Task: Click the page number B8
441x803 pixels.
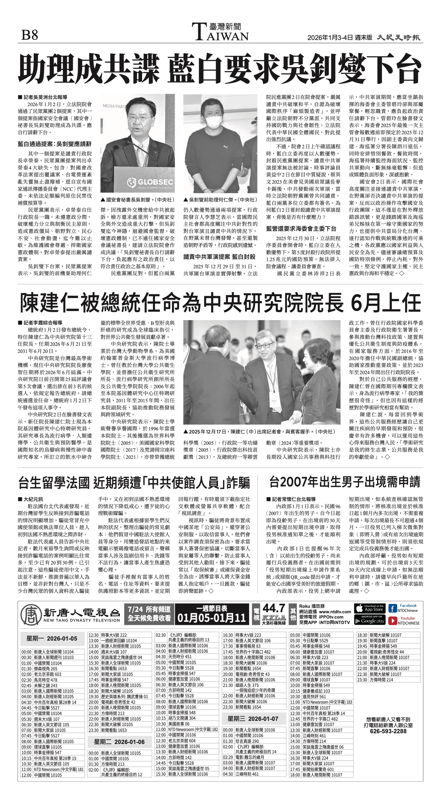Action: [x=29, y=35]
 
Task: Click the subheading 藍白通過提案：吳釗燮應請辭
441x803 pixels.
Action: [x=55, y=144]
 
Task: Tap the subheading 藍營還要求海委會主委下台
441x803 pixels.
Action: [x=301, y=229]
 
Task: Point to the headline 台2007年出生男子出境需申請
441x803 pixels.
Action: [x=345, y=482]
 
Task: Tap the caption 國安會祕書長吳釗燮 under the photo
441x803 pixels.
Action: [x=137, y=199]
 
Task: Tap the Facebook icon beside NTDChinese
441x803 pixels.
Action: [x=392, y=609]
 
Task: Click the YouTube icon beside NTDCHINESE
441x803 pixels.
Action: [x=392, y=621]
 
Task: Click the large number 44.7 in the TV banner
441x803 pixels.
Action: [x=274, y=608]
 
